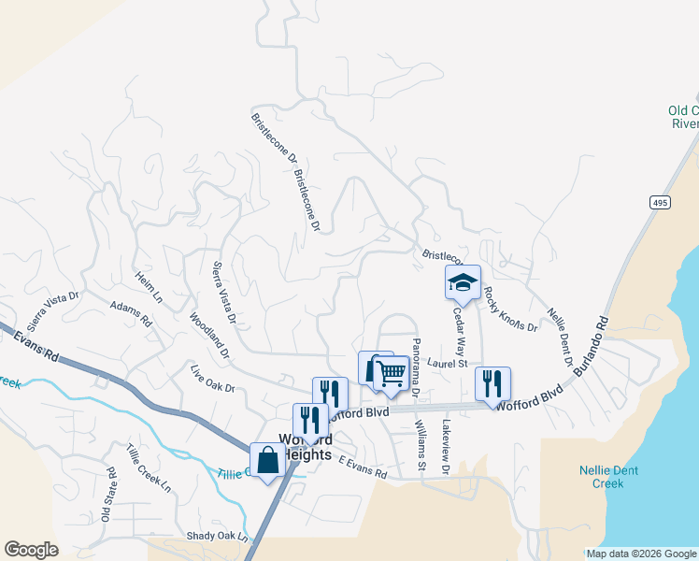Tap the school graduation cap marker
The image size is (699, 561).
(x=462, y=280)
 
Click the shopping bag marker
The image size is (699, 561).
(x=267, y=459)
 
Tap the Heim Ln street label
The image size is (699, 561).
(x=148, y=287)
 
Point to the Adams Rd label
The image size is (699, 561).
(x=130, y=313)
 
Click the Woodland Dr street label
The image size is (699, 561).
(x=209, y=335)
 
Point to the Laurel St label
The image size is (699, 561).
(x=446, y=363)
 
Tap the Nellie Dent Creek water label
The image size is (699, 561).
(x=608, y=477)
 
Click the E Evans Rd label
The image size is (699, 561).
(x=363, y=467)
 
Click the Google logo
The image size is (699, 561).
(x=31, y=550)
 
